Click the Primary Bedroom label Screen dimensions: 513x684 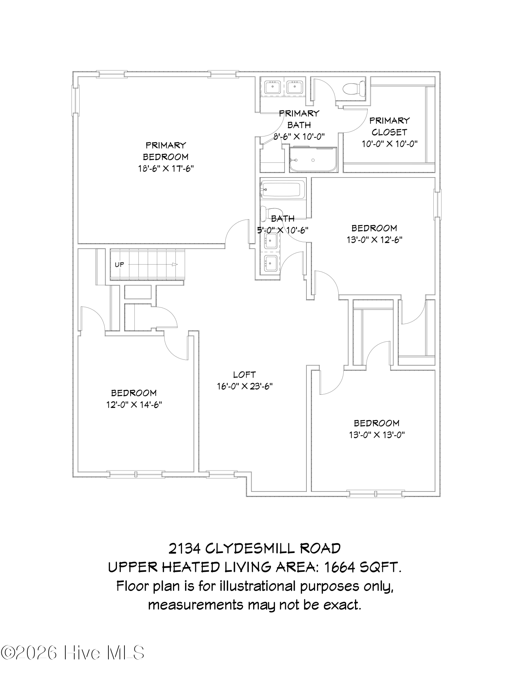[x=166, y=151]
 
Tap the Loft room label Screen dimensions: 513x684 [x=244, y=375]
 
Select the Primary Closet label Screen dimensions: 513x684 [x=390, y=126]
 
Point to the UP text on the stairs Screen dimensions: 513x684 [x=119, y=264]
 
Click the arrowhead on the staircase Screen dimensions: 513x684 [x=175, y=264]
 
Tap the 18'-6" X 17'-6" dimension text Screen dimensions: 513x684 [x=166, y=169]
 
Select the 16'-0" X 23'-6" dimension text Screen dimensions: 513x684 [x=245, y=386]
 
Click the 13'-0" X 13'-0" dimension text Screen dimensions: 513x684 [x=377, y=435]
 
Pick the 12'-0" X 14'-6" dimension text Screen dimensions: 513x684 [x=134, y=405]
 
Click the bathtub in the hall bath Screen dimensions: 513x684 [x=282, y=189]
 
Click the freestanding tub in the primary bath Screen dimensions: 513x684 [x=313, y=160]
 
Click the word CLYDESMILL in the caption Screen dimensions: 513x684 [x=250, y=549]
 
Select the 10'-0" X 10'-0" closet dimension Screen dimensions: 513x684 [x=390, y=144]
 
